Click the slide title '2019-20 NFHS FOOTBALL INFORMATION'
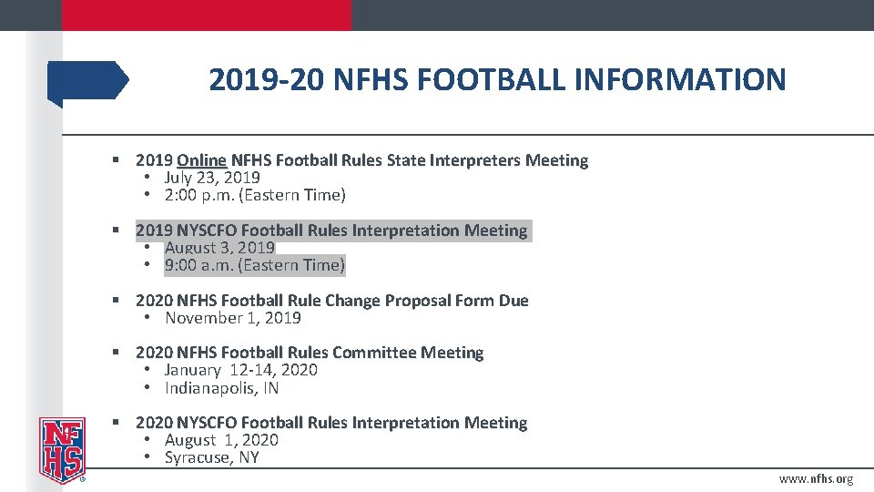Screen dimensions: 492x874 point(496,80)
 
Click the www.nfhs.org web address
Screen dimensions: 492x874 point(816,479)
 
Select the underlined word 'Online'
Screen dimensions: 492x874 point(201,160)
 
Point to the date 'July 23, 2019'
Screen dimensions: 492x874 point(212,178)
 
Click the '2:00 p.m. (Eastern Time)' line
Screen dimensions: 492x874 point(255,195)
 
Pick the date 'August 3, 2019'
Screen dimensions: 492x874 point(219,248)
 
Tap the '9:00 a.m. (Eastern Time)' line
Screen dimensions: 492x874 point(255,265)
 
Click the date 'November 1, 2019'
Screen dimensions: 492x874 point(232,318)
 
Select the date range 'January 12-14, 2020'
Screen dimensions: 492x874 point(240,370)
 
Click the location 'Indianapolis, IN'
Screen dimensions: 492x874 point(221,388)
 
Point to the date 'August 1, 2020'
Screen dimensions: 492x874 point(221,440)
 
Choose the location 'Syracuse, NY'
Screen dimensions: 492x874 point(211,457)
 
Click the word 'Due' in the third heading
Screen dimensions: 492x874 point(513,301)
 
